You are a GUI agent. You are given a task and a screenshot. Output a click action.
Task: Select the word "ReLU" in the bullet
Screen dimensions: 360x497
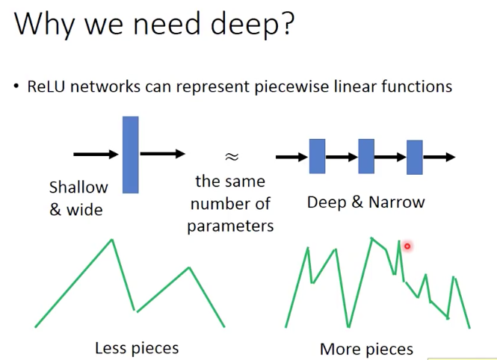[x=46, y=86]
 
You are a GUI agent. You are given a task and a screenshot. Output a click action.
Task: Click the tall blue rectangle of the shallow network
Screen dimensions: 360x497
[x=130, y=155]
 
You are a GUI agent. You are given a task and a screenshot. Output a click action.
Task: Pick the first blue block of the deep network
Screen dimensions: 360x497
[x=317, y=156]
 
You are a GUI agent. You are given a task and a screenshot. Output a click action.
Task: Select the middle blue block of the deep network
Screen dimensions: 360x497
[x=365, y=156]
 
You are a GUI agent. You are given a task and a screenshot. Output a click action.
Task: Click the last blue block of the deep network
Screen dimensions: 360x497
[x=415, y=157]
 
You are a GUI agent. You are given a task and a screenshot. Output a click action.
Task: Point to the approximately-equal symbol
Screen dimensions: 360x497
[x=232, y=156]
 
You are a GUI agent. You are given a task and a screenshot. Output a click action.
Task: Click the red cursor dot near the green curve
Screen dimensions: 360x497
[x=407, y=246]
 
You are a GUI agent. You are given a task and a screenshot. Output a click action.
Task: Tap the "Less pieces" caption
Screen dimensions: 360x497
[x=137, y=347]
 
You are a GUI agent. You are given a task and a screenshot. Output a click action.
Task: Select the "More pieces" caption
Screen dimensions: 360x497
[x=366, y=349]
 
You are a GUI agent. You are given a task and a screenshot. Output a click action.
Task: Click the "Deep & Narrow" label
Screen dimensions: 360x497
[x=365, y=202]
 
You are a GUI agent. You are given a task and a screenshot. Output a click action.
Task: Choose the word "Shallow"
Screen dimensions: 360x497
[x=78, y=187]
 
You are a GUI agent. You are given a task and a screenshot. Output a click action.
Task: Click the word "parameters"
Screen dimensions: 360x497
[x=230, y=225]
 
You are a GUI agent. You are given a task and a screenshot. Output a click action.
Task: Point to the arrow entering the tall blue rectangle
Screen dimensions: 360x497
[x=96, y=155]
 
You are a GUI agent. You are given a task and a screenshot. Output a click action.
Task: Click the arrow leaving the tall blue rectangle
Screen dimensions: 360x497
[x=162, y=154]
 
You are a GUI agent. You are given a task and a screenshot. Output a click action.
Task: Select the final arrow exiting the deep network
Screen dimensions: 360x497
[x=439, y=157]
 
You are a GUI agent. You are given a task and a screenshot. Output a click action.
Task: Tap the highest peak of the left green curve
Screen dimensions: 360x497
[x=112, y=240]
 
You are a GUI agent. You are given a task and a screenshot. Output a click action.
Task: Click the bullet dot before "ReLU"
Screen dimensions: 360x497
[x=15, y=87]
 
